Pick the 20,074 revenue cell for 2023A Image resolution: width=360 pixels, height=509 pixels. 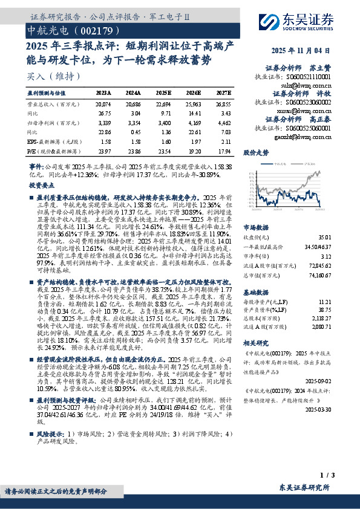(103, 104)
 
